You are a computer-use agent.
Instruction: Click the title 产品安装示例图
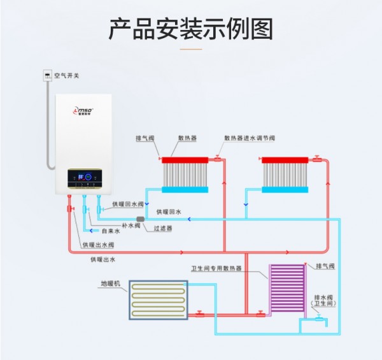point(190,29)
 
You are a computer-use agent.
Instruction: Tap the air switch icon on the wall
point(47,76)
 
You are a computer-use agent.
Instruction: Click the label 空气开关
point(67,76)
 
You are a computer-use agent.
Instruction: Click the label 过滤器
point(163,227)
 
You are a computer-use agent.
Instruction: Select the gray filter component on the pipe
point(141,219)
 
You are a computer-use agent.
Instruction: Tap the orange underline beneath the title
point(190,48)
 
